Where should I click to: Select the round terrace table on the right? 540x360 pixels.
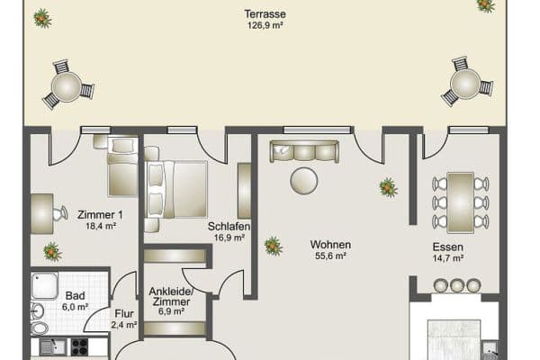click(x=466, y=84)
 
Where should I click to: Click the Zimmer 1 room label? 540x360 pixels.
click(x=100, y=214)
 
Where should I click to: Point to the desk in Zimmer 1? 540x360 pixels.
click(x=42, y=213)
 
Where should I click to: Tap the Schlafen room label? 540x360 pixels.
click(x=228, y=227)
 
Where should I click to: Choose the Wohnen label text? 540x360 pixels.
click(x=330, y=245)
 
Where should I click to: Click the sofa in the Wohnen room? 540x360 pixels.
click(x=304, y=151)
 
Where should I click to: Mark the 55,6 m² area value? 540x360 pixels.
click(x=330, y=256)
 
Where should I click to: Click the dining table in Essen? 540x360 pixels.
click(x=460, y=201)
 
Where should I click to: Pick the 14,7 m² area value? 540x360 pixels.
click(x=447, y=257)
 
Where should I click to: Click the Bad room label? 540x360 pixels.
click(x=74, y=295)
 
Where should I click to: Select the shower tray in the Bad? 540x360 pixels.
click(x=44, y=285)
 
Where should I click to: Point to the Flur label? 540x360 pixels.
click(x=123, y=314)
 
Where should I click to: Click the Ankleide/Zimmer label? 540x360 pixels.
click(x=171, y=296)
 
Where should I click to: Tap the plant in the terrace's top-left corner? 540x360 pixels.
click(x=42, y=16)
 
